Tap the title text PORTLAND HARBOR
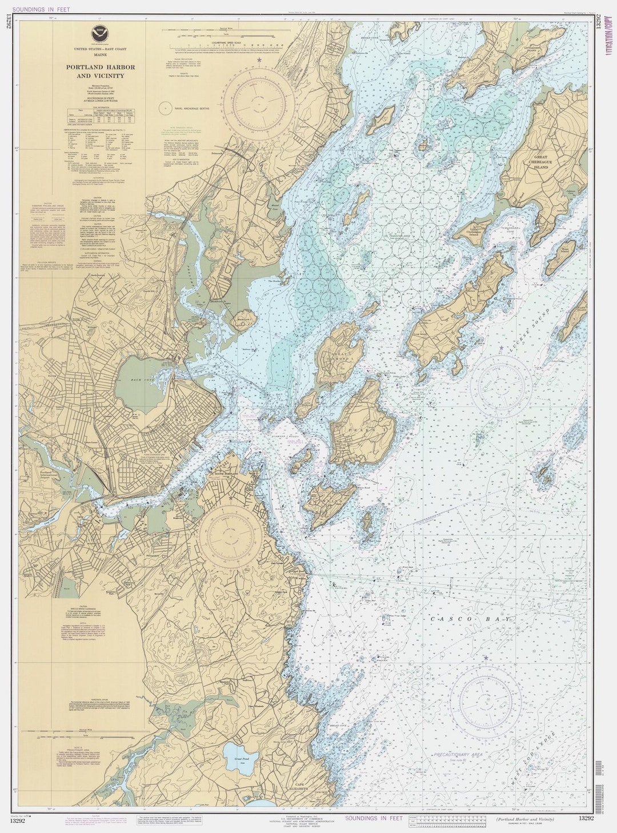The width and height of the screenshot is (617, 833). click(101, 67)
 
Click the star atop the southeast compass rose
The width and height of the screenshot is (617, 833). click(486, 658)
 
